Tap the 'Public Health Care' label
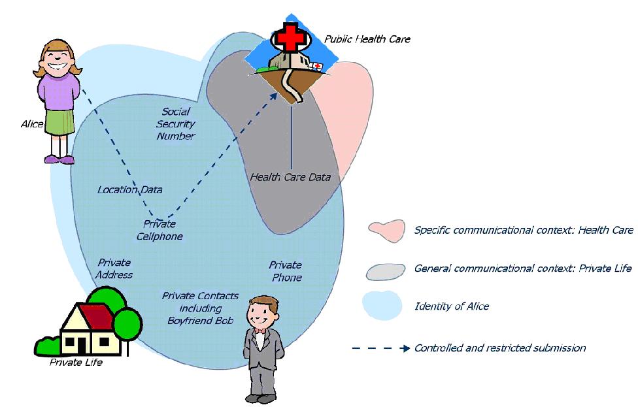368,39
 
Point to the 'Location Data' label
129,190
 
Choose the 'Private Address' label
114,269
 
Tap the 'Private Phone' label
286,271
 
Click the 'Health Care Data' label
291,177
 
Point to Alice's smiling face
60,61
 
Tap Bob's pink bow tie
261,331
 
